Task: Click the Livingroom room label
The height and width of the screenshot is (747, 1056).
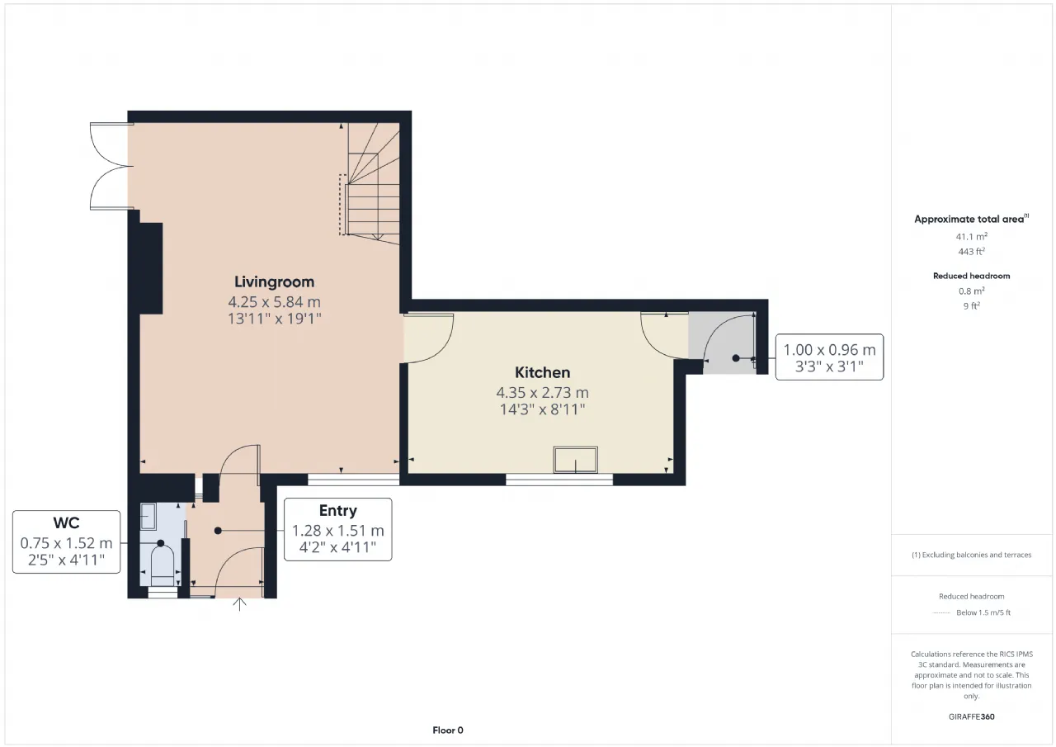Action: point(275,282)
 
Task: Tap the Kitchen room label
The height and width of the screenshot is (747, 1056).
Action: point(542,372)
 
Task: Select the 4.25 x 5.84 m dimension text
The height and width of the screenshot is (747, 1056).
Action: point(275,302)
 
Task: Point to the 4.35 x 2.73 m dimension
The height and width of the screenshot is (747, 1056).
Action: point(542,392)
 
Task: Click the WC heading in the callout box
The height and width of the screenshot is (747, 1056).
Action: point(66,523)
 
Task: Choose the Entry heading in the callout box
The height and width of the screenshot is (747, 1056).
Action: point(338,511)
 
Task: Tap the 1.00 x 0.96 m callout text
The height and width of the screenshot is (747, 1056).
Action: point(829,350)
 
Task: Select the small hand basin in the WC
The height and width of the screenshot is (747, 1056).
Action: point(148,517)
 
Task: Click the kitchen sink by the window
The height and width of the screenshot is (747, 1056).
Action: point(576,460)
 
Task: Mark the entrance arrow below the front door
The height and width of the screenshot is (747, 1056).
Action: point(239,604)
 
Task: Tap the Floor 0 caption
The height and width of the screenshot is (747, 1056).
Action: point(448,730)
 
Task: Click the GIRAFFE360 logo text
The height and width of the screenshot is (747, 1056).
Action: point(972,716)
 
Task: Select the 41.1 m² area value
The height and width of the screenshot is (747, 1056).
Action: point(972,236)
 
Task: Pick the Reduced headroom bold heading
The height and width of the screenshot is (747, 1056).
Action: point(972,276)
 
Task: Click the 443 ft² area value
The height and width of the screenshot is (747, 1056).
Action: point(972,252)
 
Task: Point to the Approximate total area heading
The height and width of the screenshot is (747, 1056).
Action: point(972,219)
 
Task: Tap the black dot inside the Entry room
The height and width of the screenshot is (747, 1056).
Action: point(218,531)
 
